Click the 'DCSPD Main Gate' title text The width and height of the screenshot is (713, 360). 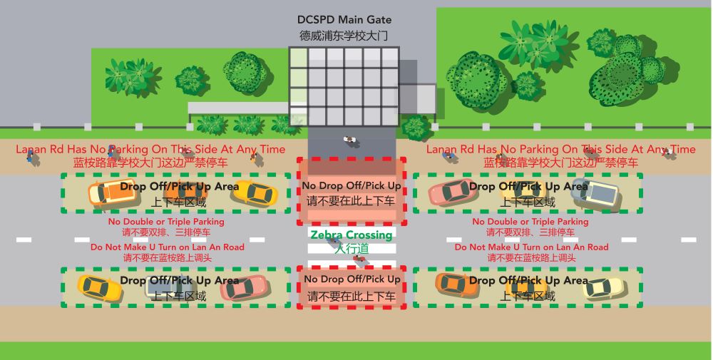[344, 20]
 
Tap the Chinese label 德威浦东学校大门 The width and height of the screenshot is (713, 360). [344, 36]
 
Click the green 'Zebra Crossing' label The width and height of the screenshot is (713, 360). [351, 235]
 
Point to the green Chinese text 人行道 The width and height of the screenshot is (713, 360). [352, 249]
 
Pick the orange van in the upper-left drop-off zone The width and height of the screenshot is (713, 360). [113, 192]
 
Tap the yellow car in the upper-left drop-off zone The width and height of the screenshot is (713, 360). [255, 193]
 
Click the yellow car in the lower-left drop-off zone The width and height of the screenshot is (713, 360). [100, 288]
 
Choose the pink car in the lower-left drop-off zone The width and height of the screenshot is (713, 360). [244, 288]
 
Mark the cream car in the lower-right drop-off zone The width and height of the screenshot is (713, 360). [604, 288]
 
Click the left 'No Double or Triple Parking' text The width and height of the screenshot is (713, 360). [166, 222]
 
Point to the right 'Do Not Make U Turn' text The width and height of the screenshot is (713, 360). [532, 247]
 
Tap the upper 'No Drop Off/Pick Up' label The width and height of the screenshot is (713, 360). [352, 185]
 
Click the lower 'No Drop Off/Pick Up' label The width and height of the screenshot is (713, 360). [352, 279]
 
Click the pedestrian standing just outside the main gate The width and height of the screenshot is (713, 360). [349, 140]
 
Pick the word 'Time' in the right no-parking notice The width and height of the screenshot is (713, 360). [683, 149]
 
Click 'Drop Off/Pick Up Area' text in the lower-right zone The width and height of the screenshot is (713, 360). [528, 280]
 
